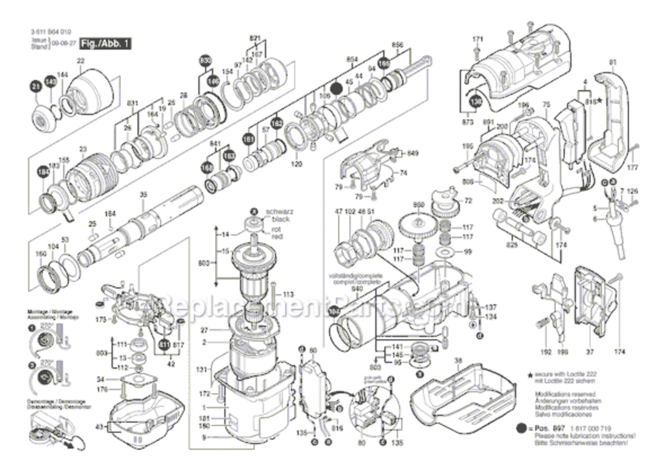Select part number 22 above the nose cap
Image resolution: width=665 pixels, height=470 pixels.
click(x=80, y=61)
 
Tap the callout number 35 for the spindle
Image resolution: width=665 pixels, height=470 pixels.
click(x=143, y=195)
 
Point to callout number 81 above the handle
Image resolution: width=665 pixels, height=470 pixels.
click(x=612, y=61)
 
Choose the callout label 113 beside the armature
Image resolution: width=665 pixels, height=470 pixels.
click(x=288, y=294)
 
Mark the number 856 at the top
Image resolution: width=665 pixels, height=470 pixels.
click(x=397, y=44)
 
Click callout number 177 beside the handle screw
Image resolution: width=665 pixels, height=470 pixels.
click(x=632, y=168)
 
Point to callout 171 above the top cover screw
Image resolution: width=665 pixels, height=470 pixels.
click(x=478, y=39)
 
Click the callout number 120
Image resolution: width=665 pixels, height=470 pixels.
click(x=296, y=164)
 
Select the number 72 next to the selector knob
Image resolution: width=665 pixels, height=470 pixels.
click(x=468, y=201)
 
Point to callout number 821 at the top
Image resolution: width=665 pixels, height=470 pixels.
click(x=254, y=38)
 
